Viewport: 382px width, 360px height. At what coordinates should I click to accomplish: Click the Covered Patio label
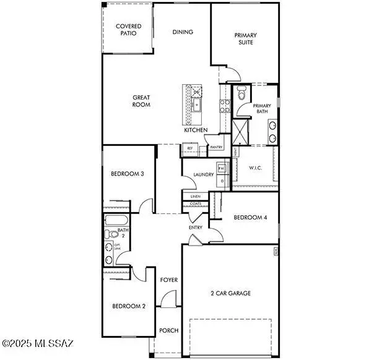click(x=129, y=29)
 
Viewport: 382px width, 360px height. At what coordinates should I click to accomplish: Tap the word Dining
click(x=183, y=32)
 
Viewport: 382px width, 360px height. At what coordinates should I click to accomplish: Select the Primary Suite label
click(x=245, y=39)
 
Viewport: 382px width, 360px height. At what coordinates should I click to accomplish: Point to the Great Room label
click(x=141, y=101)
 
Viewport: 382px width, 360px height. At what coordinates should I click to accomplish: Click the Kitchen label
click(x=196, y=131)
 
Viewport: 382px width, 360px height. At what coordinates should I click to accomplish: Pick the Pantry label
click(x=216, y=147)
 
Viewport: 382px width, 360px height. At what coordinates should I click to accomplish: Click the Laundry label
click(x=203, y=175)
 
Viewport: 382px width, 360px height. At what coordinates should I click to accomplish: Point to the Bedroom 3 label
click(x=127, y=174)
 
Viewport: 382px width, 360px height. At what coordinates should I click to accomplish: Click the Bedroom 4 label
click(x=250, y=217)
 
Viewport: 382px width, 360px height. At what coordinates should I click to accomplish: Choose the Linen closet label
click(x=196, y=197)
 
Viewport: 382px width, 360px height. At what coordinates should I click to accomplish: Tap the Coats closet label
click(x=196, y=204)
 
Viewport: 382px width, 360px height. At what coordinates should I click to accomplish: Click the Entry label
click(x=196, y=228)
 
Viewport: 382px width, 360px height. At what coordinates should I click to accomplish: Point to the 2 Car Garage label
click(x=230, y=293)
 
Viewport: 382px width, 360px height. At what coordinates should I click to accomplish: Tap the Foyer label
click(x=169, y=280)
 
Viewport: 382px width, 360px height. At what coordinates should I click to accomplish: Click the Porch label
click(x=169, y=330)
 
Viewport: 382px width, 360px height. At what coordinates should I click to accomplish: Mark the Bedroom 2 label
click(x=129, y=306)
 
